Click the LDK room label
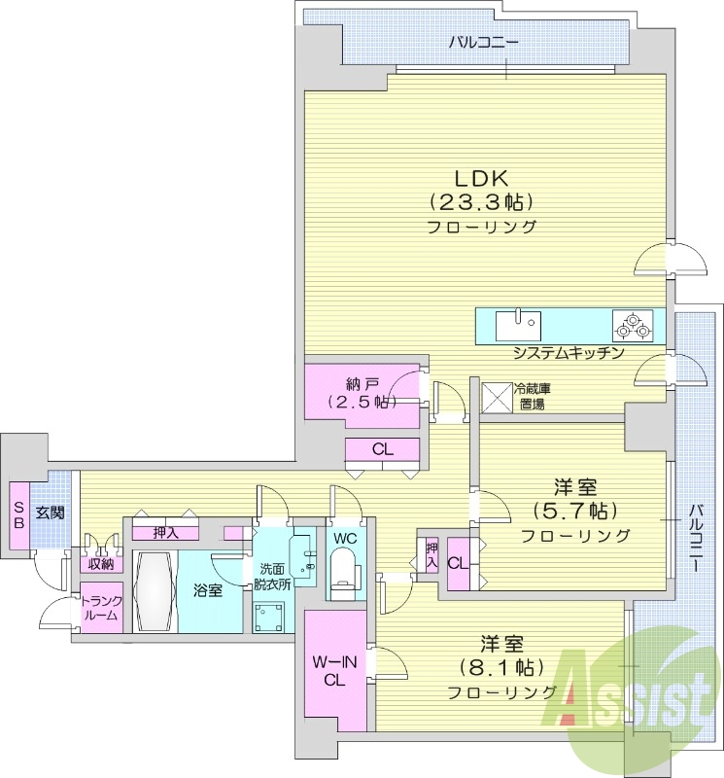click(x=483, y=179)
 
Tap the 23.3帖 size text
click(x=483, y=203)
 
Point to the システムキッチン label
click(x=568, y=353)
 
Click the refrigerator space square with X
click(x=498, y=396)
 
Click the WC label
click(x=345, y=538)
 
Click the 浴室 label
click(x=208, y=590)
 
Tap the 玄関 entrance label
click(x=51, y=512)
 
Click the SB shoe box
click(x=17, y=512)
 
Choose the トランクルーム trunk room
click(x=100, y=609)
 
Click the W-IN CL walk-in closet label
click(x=333, y=670)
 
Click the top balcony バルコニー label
click(x=483, y=43)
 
